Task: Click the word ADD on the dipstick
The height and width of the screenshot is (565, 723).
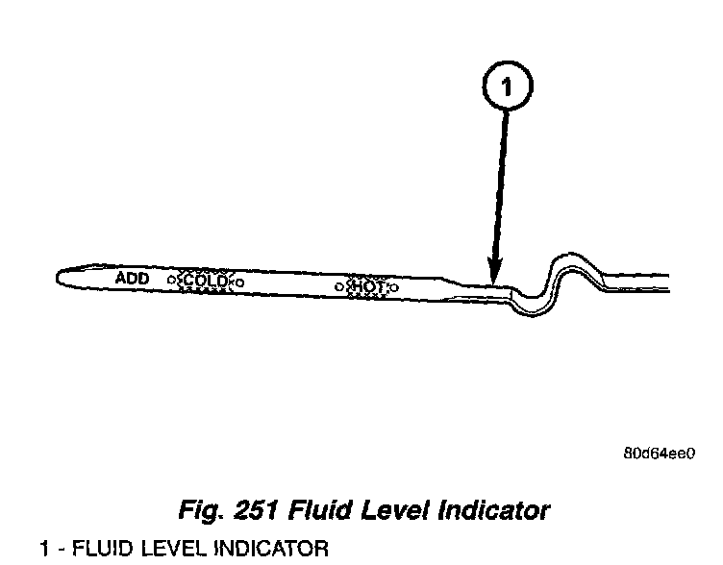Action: [x=133, y=278]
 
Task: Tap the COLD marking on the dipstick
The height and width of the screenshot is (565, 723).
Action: [x=204, y=281]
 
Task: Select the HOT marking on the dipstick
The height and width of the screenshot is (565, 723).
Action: [x=367, y=286]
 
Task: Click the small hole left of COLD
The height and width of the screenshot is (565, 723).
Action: [x=171, y=280]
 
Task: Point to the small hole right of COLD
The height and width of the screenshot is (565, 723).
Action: [x=239, y=282]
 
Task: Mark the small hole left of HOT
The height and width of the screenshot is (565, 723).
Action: [x=338, y=285]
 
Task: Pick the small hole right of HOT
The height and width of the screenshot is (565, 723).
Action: [x=394, y=286]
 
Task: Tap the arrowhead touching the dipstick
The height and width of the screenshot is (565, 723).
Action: [x=495, y=274]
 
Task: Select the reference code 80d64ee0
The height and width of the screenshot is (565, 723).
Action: [x=659, y=454]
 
